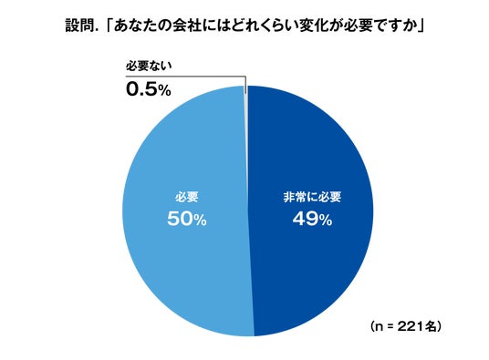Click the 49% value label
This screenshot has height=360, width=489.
312,220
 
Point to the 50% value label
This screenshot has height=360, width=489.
187,220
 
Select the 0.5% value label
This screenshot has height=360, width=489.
149,89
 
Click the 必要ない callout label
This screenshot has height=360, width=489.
149,66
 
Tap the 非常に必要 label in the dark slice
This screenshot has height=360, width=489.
312,197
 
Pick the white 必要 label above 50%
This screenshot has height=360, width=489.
186,197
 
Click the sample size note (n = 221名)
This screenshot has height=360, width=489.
406,326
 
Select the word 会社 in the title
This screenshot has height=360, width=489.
186,26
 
